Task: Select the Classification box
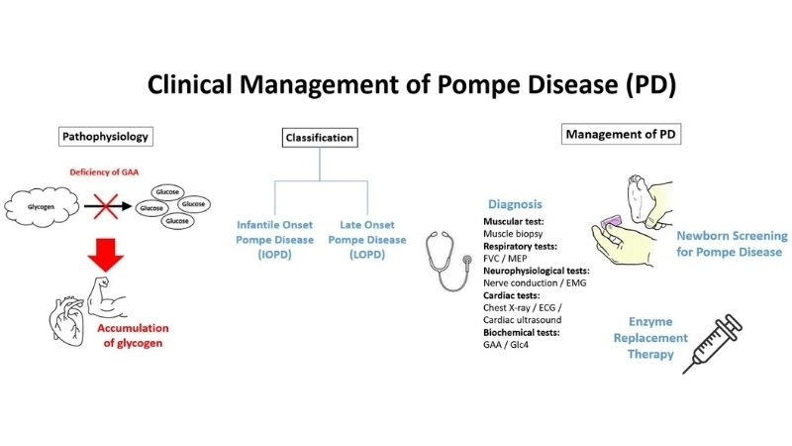click(320, 138)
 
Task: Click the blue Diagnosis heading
click(513, 204)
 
